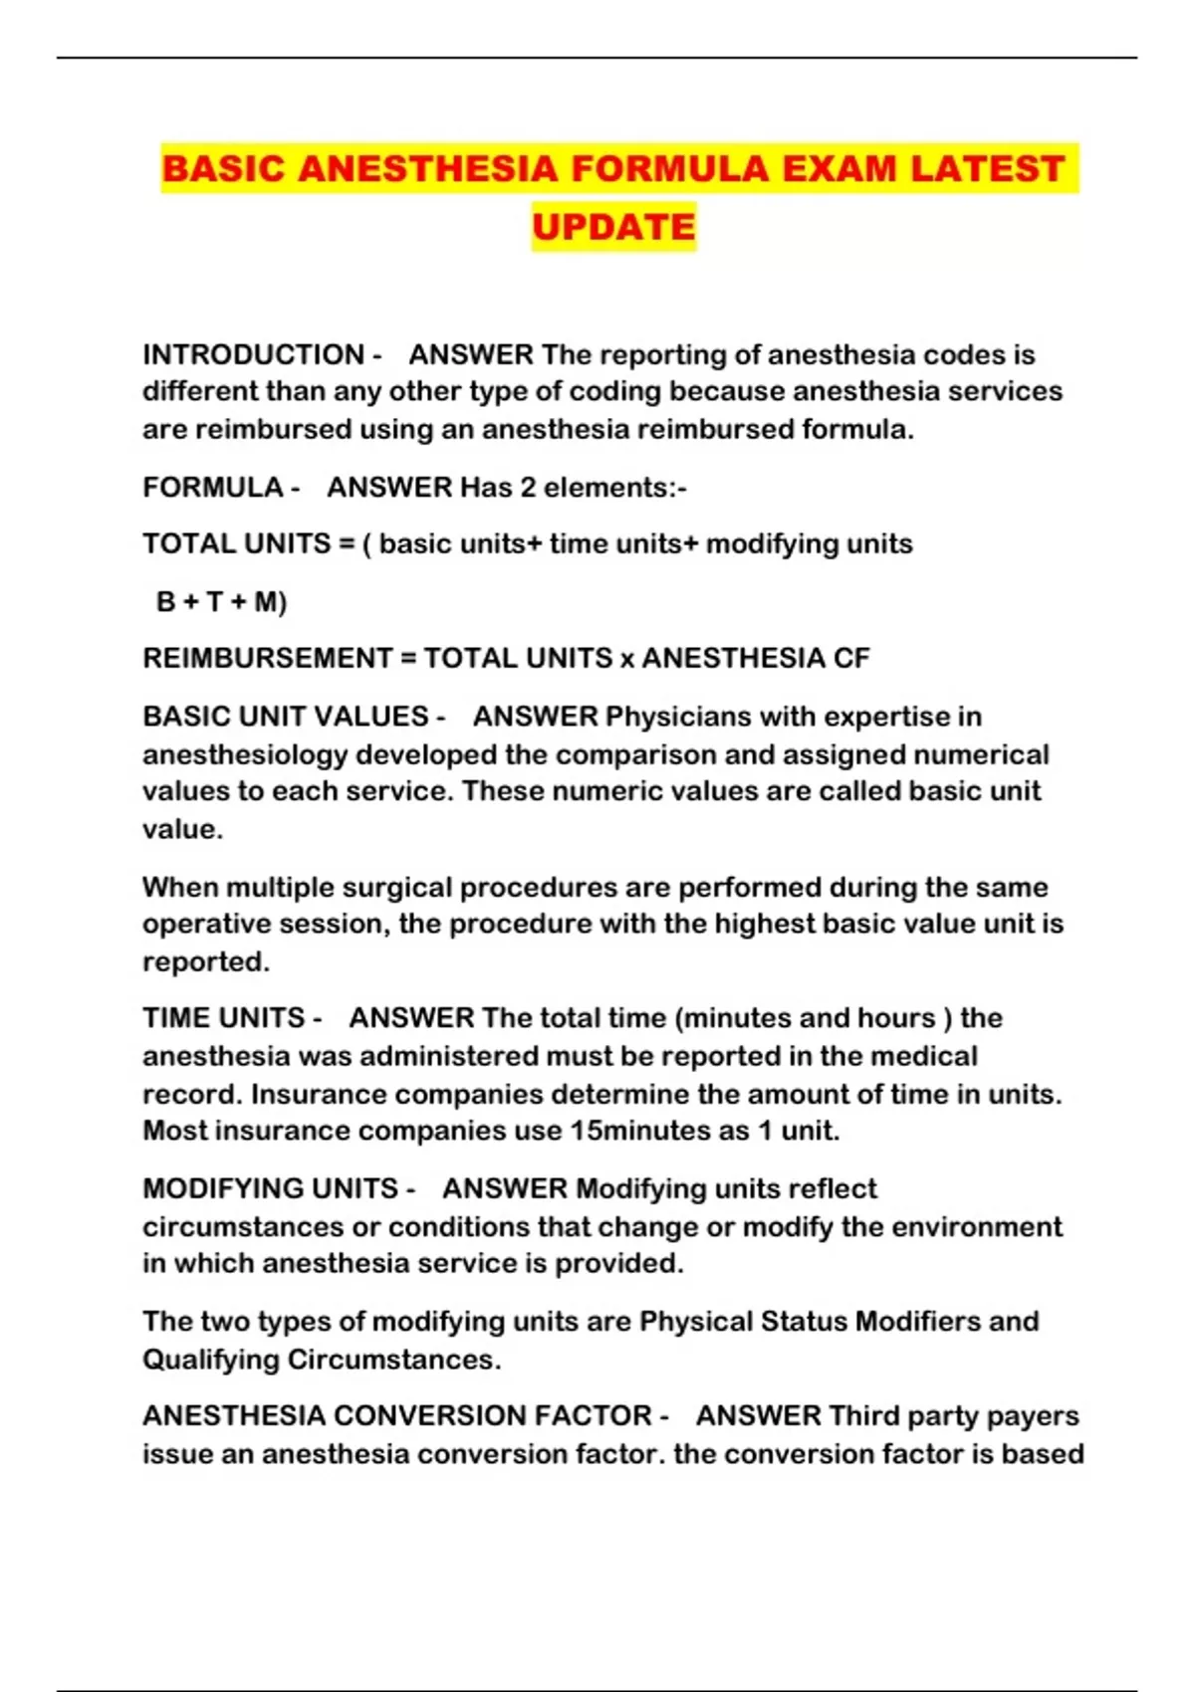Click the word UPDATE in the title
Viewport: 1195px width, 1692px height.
613,227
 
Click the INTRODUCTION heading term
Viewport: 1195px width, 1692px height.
253,354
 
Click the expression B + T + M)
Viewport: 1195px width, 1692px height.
221,601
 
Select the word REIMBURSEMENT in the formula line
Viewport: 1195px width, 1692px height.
267,658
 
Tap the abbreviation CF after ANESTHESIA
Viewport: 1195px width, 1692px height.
851,658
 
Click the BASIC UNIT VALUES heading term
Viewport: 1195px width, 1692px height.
285,717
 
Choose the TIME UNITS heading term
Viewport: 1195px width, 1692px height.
223,1017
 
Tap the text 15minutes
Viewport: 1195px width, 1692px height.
658,1131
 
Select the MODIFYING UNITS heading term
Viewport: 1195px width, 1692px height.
270,1188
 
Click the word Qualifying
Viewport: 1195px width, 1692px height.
210,1360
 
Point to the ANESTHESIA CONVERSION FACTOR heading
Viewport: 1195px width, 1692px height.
397,1415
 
